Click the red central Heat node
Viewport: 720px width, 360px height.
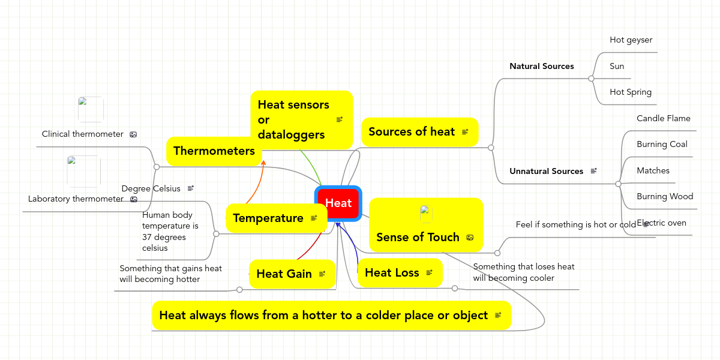(x=338, y=203)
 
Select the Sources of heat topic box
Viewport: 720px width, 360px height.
(x=419, y=132)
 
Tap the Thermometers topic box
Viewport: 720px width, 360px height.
(x=214, y=151)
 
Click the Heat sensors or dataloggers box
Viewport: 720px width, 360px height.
(x=301, y=119)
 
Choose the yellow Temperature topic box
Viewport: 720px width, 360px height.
(x=276, y=218)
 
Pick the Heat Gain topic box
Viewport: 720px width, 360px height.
(x=292, y=274)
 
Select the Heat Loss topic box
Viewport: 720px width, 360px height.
(x=400, y=273)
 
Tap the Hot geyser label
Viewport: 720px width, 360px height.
(x=631, y=40)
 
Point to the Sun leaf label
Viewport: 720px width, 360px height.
(x=617, y=67)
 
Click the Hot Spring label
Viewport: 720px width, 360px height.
(x=630, y=92)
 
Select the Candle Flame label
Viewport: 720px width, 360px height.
(x=663, y=119)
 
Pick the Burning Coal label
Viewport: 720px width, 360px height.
(x=662, y=145)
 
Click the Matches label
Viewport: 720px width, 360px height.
(x=653, y=171)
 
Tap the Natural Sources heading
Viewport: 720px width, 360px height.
(x=541, y=67)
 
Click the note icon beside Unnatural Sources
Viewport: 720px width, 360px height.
(x=593, y=171)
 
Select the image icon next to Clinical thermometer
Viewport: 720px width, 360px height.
(x=133, y=134)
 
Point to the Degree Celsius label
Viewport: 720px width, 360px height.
(x=151, y=189)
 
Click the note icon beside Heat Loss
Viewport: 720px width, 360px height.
(x=429, y=273)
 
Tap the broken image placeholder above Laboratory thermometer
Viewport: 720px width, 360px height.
(x=83, y=171)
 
